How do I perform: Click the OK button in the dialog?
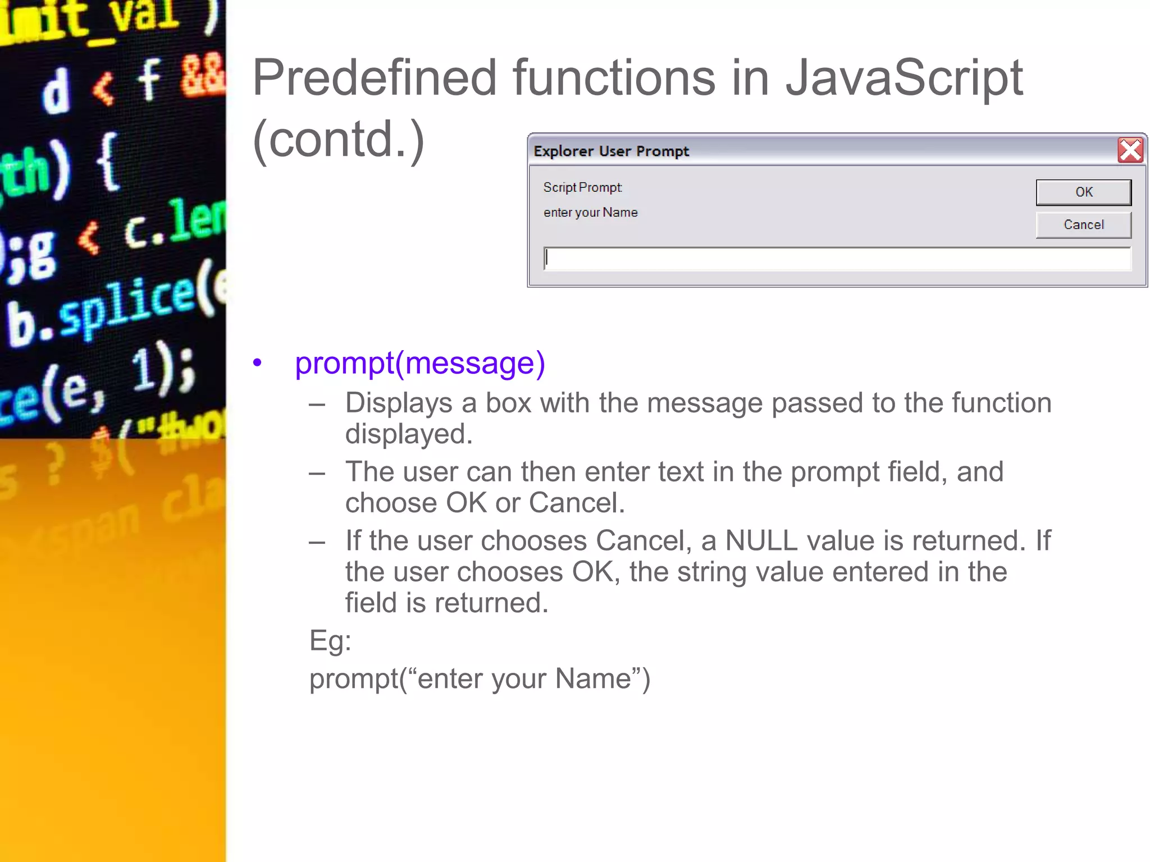tap(1083, 192)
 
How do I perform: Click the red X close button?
tap(1130, 150)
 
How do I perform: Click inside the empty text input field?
tap(837, 259)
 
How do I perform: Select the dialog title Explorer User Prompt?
tap(611, 151)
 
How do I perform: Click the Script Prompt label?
tap(582, 187)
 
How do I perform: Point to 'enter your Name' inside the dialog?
tap(590, 213)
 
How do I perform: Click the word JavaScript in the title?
tap(903, 79)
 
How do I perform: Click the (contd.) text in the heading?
tap(339, 140)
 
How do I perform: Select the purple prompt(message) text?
tap(419, 363)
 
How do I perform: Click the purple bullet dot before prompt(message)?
tap(257, 363)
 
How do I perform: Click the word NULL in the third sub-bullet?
tap(761, 541)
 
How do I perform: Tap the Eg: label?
tap(330, 640)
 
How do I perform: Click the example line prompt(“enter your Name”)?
tap(480, 678)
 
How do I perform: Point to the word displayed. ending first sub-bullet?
tap(408, 434)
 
